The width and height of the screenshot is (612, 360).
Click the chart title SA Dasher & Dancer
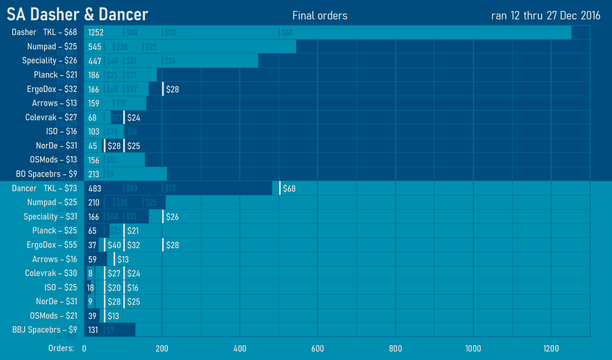(x=77, y=15)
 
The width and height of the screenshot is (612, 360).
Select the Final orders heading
(x=320, y=16)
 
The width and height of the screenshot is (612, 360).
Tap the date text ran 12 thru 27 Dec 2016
(x=546, y=16)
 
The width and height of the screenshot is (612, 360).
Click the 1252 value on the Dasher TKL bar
(x=96, y=32)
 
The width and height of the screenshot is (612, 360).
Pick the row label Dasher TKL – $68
(x=44, y=32)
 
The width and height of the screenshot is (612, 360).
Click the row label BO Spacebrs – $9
(x=46, y=174)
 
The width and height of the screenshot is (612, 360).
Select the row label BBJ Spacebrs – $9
(x=45, y=330)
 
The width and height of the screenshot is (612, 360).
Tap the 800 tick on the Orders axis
(x=395, y=349)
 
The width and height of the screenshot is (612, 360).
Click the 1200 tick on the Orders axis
(x=551, y=349)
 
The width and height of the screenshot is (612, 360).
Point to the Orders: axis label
(x=61, y=348)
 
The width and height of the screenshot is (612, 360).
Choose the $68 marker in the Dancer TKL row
(x=289, y=189)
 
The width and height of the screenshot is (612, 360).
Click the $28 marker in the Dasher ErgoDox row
(x=172, y=89)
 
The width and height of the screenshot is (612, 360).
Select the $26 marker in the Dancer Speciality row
(x=172, y=217)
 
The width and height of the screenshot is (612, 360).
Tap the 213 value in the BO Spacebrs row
(x=94, y=174)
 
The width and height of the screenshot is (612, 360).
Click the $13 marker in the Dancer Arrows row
(x=123, y=260)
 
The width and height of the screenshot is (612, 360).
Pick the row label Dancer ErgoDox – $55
(x=52, y=245)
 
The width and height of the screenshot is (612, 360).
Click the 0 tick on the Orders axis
(x=84, y=349)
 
